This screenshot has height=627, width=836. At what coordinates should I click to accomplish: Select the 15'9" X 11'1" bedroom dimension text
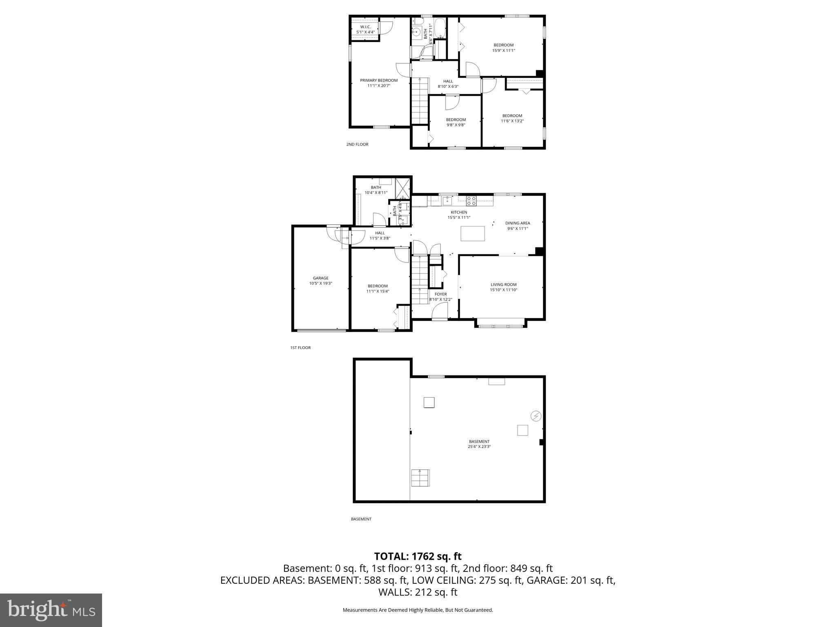503,51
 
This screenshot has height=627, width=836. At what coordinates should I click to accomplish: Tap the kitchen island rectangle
473,233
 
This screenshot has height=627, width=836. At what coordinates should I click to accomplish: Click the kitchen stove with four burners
471,200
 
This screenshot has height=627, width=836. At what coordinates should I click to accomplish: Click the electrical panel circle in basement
536,416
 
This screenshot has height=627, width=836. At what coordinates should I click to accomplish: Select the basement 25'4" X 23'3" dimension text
479,447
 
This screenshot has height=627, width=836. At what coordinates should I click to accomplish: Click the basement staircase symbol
420,478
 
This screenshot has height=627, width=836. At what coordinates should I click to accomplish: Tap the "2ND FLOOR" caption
357,144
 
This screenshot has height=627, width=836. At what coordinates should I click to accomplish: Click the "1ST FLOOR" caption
300,348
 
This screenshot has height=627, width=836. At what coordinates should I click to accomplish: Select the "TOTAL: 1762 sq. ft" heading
418,556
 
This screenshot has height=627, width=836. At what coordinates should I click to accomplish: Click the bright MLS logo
51,610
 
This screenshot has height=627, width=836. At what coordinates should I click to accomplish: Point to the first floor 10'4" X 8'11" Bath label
376,190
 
